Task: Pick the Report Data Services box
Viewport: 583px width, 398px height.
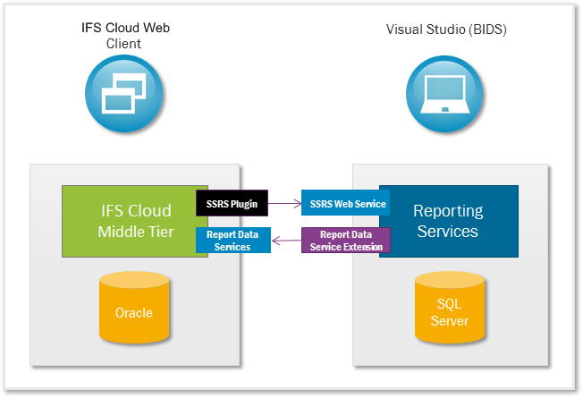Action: (x=232, y=241)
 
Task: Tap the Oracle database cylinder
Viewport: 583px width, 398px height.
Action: (x=133, y=310)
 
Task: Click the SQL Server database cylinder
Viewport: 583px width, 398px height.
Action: (x=451, y=310)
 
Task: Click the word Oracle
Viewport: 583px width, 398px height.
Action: (x=133, y=313)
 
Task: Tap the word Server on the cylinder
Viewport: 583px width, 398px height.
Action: (x=451, y=320)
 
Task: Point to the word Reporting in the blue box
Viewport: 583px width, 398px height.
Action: (x=447, y=211)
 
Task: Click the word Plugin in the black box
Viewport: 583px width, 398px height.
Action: (x=242, y=204)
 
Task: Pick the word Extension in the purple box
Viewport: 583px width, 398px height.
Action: (x=363, y=247)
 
